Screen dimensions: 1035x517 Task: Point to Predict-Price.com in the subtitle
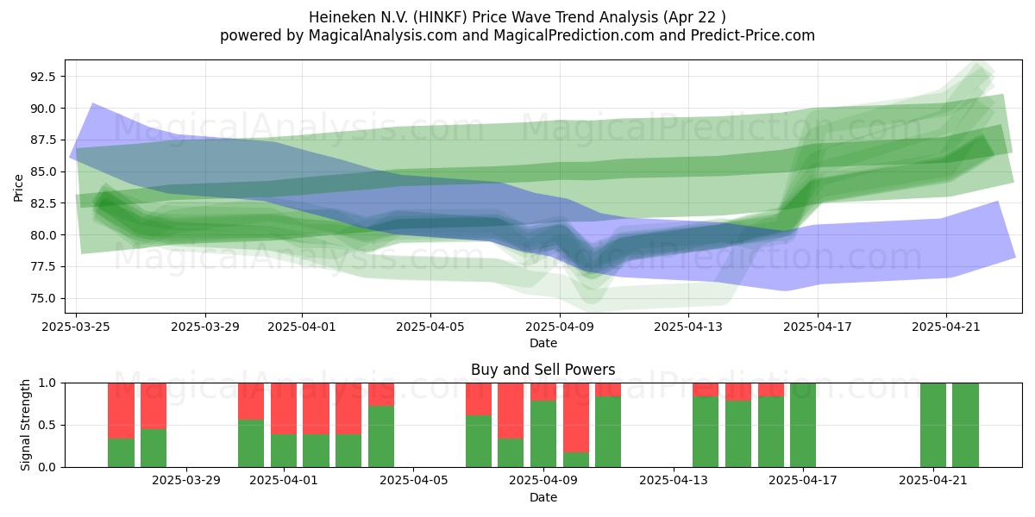pos(753,35)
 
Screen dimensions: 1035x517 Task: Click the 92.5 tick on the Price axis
pos(43,77)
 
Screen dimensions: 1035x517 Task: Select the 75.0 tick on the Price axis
pos(43,299)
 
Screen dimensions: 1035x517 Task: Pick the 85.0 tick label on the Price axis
pos(43,171)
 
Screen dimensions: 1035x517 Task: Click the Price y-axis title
pos(18,188)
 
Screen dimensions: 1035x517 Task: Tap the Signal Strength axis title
pos(25,425)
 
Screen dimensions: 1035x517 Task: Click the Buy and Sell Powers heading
pos(543,370)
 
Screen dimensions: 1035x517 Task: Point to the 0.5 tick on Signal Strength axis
pos(47,425)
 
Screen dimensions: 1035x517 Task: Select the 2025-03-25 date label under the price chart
pos(76,327)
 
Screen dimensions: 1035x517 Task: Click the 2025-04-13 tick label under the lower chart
pos(674,481)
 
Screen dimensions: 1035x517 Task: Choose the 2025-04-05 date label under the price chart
pos(430,327)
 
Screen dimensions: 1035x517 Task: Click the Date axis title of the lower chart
pos(543,497)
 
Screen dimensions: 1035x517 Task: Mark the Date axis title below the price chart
pos(543,343)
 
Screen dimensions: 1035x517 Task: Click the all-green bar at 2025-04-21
pos(933,425)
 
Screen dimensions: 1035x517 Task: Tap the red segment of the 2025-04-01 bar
pos(284,408)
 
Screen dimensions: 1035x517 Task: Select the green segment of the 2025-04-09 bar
pos(543,434)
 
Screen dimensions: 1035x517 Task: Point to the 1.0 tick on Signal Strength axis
pos(47,383)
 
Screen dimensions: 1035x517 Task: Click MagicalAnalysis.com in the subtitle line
pos(383,35)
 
